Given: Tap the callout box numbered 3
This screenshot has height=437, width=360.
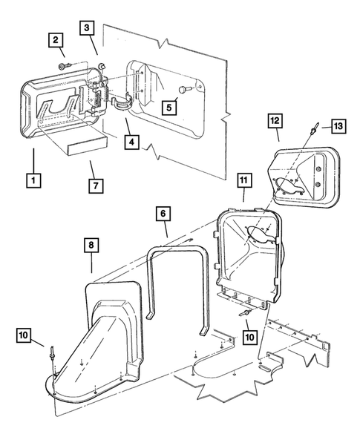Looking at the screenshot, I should (x=88, y=28).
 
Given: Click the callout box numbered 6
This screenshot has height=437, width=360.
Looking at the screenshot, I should (x=163, y=213).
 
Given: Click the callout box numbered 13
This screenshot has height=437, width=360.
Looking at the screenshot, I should (x=337, y=127).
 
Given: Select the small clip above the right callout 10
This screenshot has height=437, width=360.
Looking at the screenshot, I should (x=243, y=315).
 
